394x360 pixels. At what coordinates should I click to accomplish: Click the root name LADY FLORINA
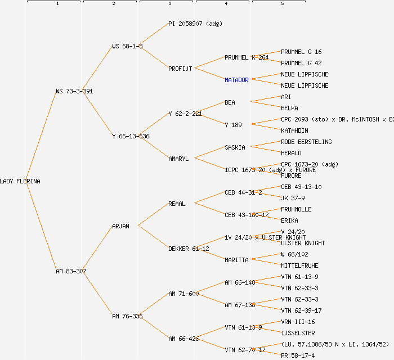pos(20,181)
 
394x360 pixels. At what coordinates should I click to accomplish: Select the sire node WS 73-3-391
pos(74,91)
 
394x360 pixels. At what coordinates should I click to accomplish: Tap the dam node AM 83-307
pos(71,271)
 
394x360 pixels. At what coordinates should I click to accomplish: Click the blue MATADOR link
pos(236,80)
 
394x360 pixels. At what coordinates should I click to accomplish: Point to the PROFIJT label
pos(180,69)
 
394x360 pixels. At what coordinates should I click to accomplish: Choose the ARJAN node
pos(120,226)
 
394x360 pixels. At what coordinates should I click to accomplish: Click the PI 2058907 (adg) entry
pos(195,24)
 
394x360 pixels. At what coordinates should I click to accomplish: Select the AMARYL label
pos(178,159)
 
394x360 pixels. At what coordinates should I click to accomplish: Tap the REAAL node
pos(177,204)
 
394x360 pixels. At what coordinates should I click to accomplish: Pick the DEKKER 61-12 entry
pos(189,249)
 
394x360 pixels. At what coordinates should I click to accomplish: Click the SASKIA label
pos(235,147)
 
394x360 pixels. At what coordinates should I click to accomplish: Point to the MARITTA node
pos(236,260)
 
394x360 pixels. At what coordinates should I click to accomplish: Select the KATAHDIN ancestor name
pos(294,130)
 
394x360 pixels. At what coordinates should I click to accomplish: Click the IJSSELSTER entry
pos(298,333)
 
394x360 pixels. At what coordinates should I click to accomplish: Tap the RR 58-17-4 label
pos(298,355)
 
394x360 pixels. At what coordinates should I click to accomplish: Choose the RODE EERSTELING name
pos(306,142)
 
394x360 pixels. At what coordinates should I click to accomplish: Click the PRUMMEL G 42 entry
pos(301,63)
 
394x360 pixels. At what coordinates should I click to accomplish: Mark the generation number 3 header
pos(169,4)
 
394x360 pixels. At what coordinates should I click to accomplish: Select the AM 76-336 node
pos(127,316)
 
